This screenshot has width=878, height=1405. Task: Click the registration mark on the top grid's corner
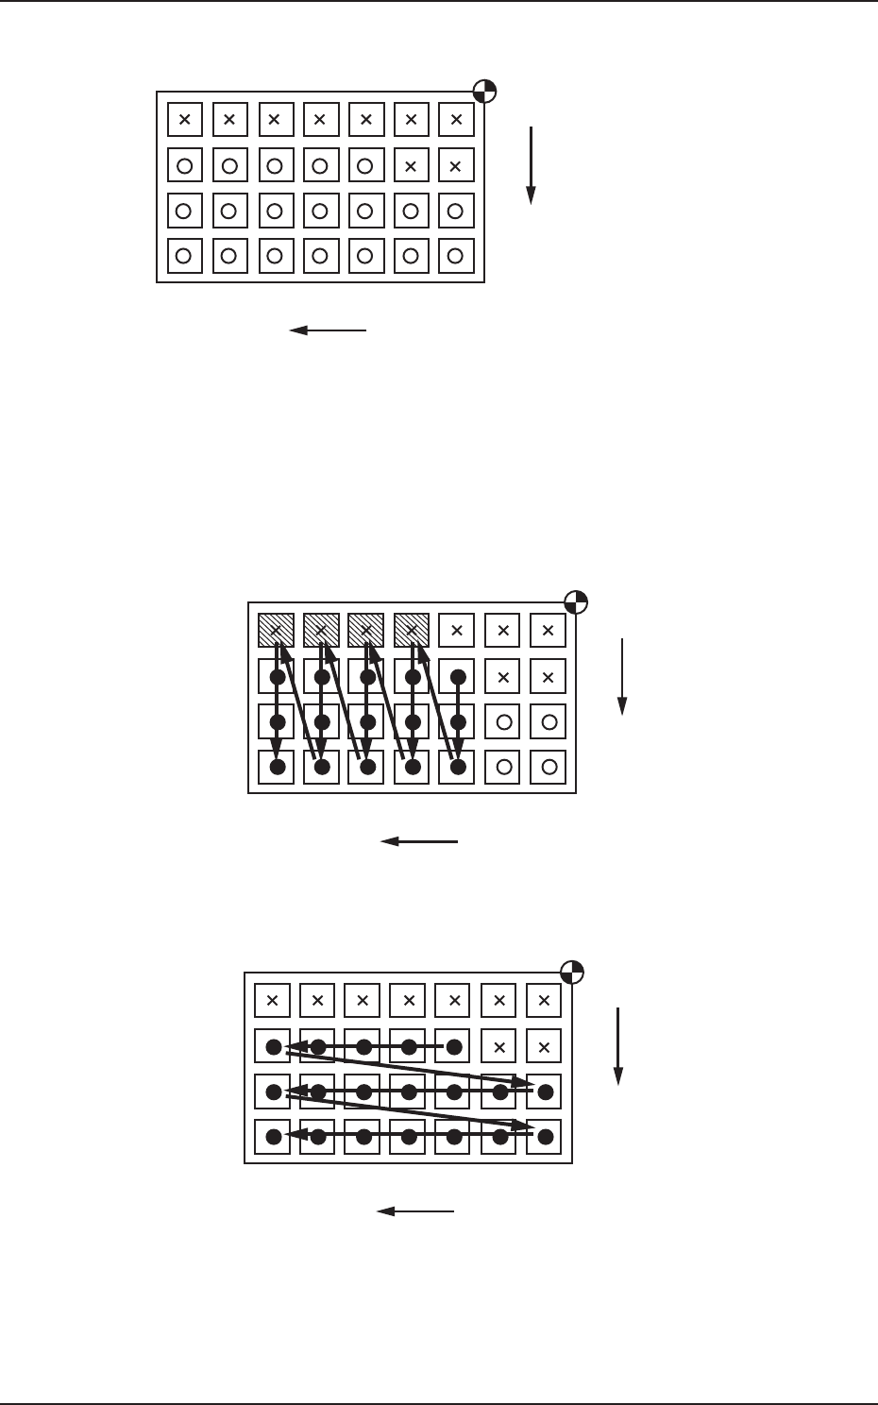[484, 92]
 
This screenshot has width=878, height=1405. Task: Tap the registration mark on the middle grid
[576, 601]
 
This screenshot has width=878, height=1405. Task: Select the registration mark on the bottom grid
[572, 972]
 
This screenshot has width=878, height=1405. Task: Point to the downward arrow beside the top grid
[532, 164]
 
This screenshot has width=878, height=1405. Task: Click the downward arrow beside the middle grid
[622, 676]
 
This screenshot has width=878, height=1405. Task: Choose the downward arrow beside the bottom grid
[618, 1046]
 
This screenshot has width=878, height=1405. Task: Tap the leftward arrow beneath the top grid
[327, 330]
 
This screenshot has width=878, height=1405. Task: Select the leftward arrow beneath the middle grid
[418, 841]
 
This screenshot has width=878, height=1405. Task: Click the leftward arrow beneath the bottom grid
[415, 1211]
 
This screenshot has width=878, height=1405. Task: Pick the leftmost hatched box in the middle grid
[276, 631]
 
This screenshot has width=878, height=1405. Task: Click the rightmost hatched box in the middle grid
[412, 631]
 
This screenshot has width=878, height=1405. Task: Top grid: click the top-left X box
[185, 120]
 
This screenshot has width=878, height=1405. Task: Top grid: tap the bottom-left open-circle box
[185, 256]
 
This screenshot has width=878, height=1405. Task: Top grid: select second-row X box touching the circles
[411, 165]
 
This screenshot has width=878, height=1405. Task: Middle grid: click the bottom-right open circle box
[549, 767]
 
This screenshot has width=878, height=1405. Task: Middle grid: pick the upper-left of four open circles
[503, 722]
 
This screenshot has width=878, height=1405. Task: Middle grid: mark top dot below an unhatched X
[457, 677]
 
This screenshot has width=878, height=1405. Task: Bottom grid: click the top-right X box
[544, 1001]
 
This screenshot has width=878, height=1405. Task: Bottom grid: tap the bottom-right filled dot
[545, 1137]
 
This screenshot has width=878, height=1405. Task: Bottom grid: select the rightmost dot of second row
[454, 1046]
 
